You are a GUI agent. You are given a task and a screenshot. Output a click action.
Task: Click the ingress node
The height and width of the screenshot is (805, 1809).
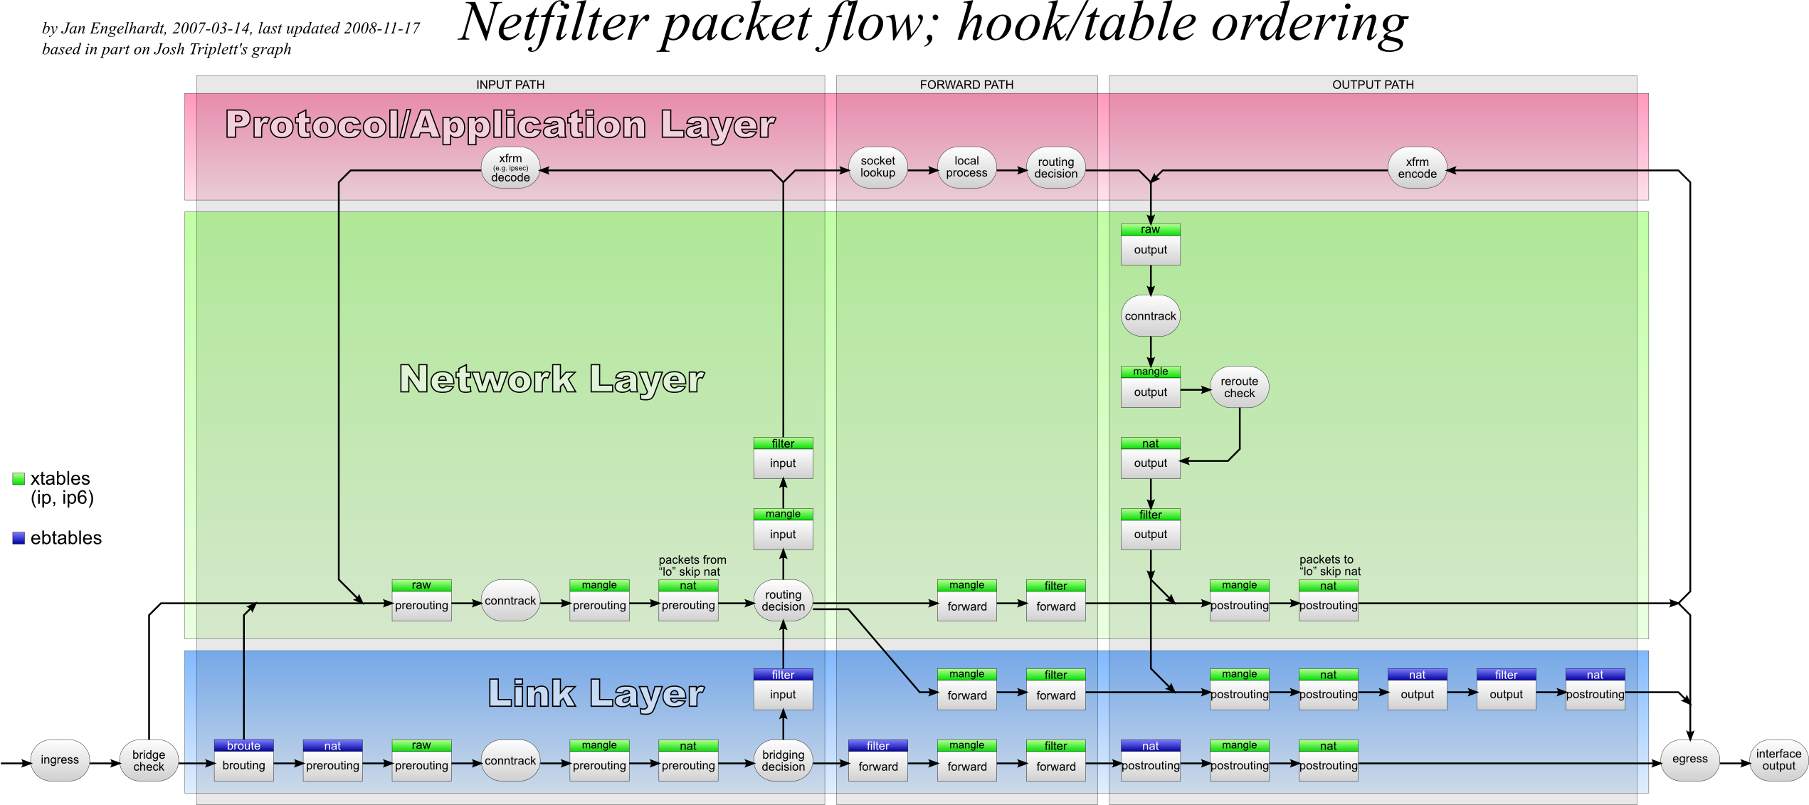pos(60,760)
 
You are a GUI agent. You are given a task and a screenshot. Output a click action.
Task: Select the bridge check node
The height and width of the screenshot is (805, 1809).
pos(149,761)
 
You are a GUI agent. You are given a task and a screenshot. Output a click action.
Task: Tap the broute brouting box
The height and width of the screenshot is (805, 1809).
pos(243,760)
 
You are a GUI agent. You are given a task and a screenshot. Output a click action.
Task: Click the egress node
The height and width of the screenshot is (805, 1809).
pos(1689,759)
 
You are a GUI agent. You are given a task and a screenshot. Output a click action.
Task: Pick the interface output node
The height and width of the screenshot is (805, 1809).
pos(1778,760)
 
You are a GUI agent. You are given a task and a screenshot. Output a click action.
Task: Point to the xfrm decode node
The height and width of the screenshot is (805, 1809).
pos(510,169)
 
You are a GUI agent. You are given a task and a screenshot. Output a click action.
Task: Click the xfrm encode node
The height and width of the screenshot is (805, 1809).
pos(1417,169)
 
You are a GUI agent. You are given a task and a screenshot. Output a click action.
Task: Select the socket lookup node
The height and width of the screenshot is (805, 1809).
pos(877,167)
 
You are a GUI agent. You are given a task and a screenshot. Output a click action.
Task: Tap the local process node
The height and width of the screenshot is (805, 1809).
pos(966,167)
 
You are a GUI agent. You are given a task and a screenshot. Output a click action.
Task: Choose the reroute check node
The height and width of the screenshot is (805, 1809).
pos(1239,387)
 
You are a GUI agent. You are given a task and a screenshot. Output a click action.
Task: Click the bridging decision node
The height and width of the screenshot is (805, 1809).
pos(783,761)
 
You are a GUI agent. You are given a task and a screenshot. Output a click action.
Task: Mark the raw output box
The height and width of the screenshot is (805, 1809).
pos(1150,244)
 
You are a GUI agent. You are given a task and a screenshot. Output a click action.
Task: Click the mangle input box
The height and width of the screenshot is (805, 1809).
pos(783,529)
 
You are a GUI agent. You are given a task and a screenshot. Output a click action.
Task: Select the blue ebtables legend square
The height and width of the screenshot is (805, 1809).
pos(19,538)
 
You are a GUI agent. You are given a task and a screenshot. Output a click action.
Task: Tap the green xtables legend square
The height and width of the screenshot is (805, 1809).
pos(19,479)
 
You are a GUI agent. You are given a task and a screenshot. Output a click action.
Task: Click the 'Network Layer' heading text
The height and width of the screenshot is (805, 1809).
pos(552,379)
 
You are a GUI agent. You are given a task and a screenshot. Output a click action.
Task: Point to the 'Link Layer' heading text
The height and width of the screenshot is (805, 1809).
pos(596,693)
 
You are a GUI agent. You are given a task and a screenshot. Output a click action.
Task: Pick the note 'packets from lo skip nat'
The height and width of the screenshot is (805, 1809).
pos(692,566)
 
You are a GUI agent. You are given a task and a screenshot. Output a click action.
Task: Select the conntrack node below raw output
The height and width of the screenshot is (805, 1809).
pos(1150,316)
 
